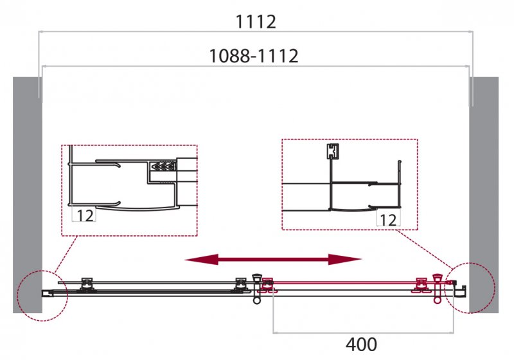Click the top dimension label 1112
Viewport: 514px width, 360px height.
[256, 22]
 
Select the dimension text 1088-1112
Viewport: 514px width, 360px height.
[254, 56]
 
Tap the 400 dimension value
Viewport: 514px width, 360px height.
[361, 345]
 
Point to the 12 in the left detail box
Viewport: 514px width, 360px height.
[85, 215]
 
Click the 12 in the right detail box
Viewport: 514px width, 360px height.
[388, 220]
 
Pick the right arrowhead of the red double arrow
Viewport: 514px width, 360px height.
[345, 260]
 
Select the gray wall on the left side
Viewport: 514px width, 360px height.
[28, 195]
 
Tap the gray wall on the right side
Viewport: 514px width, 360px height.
[484, 195]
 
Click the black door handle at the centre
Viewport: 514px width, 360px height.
[256, 289]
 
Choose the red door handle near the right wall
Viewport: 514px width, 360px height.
[438, 289]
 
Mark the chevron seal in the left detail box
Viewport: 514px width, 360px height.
[163, 166]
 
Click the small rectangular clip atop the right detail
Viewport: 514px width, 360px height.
[332, 152]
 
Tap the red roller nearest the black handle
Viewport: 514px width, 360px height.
[267, 285]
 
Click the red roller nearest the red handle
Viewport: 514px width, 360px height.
[421, 285]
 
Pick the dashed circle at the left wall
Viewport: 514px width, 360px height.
[42, 296]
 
